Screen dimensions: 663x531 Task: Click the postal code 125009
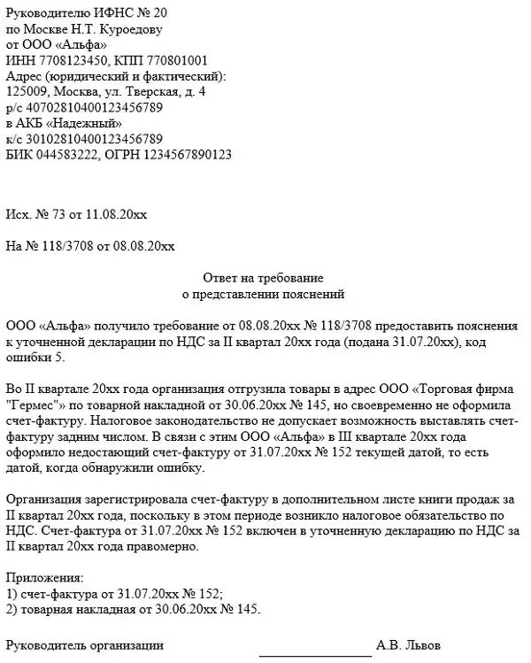tap(26, 91)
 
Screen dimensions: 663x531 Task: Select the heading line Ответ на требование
tap(265, 278)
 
